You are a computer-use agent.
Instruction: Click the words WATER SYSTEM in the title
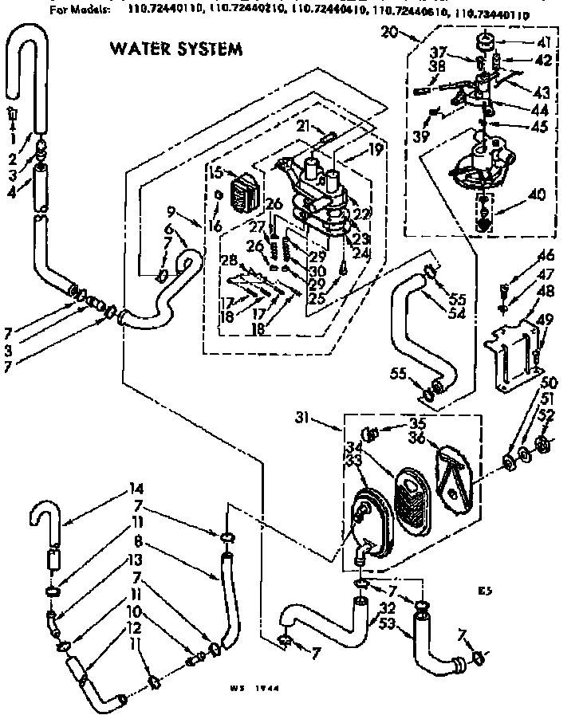click(x=175, y=49)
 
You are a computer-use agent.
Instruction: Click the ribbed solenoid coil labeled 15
click(x=242, y=193)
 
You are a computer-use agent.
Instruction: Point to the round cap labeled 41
click(x=484, y=41)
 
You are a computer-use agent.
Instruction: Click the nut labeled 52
click(x=543, y=442)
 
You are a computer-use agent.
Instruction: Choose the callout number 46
click(x=546, y=257)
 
